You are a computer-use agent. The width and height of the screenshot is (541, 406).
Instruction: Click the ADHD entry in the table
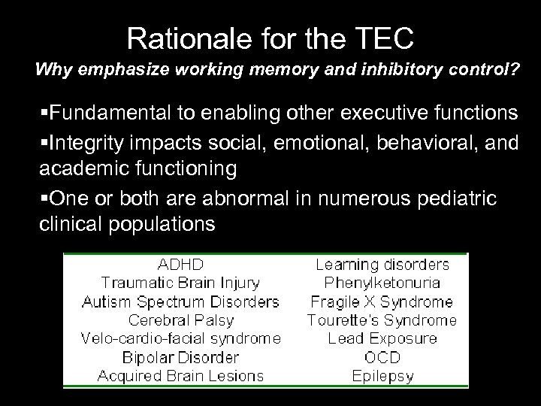(180, 265)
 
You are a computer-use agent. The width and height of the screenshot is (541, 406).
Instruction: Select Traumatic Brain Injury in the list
(180, 283)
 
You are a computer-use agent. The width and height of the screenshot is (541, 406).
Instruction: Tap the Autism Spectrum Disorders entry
(180, 301)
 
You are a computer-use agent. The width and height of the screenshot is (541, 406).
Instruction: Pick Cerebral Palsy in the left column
(180, 320)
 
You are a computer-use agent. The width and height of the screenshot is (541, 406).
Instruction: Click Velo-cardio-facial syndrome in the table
(180, 338)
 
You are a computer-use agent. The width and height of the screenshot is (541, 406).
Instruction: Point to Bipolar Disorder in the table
(180, 357)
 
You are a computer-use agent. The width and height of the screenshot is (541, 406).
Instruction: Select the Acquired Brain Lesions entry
(180, 375)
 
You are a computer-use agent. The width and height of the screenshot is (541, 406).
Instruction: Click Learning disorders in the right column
(382, 265)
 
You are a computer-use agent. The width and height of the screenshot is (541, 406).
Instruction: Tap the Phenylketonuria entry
(382, 283)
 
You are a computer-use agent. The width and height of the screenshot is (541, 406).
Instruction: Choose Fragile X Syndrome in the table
(382, 301)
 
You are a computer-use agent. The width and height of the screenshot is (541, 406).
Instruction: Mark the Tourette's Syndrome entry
(382, 320)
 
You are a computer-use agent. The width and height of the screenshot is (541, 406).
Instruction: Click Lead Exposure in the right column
(382, 338)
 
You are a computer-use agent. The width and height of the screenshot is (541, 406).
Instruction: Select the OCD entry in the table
(382, 357)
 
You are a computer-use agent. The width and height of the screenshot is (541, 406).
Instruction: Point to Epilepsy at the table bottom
(382, 375)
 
